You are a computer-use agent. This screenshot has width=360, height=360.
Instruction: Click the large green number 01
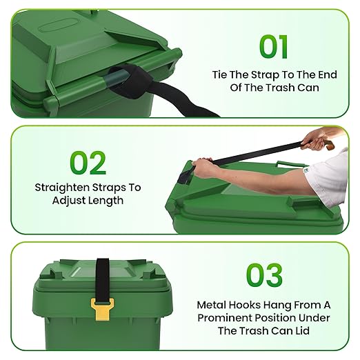coord(274,47)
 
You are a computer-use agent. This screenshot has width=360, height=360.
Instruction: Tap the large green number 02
coord(88,163)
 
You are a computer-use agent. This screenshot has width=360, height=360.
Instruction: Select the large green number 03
coord(264,275)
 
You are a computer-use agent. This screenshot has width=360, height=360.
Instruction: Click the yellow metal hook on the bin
coord(102,309)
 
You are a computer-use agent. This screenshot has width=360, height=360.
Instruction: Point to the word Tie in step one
coord(220,74)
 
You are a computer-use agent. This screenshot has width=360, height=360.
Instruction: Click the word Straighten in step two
coord(62,188)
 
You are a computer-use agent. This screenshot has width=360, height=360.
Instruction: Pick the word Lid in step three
coord(302,331)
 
